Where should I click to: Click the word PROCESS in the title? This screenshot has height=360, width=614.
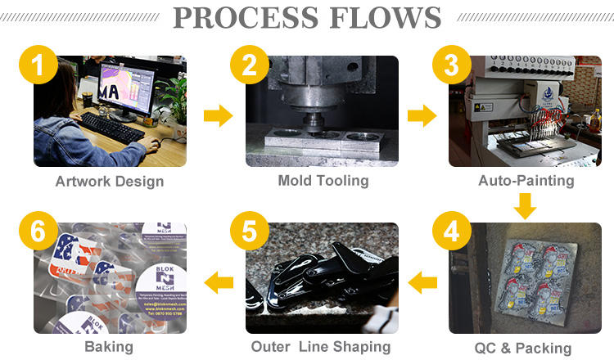251,17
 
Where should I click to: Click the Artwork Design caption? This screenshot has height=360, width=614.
110,182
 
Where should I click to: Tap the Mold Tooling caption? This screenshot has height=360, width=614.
323,182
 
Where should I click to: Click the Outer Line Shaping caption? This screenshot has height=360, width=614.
321,347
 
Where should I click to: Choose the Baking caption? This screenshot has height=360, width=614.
108,347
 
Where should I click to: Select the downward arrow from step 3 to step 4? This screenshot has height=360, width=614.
525,205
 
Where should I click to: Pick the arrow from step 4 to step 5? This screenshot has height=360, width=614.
422,283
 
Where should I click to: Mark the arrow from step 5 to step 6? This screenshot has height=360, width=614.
218,283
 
